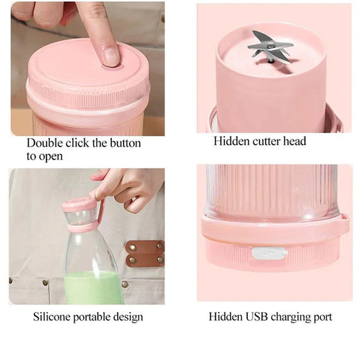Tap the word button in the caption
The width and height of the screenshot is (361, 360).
pos(125,143)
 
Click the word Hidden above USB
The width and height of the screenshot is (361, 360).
pos(226,316)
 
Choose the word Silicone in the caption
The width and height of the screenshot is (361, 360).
pos(51,316)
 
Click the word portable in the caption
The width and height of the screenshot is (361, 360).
pos(92,317)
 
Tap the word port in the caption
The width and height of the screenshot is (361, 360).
pos(323,318)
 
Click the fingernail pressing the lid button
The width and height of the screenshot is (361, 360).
pos(110,56)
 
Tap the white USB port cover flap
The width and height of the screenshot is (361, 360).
pos(269,253)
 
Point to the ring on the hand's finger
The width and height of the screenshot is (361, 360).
pos(134,199)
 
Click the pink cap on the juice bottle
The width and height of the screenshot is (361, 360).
pos(81,214)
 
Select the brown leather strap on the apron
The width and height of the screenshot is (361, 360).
pos(145,253)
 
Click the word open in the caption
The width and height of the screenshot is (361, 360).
pos(51,157)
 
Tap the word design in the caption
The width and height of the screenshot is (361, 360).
pos(128,317)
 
